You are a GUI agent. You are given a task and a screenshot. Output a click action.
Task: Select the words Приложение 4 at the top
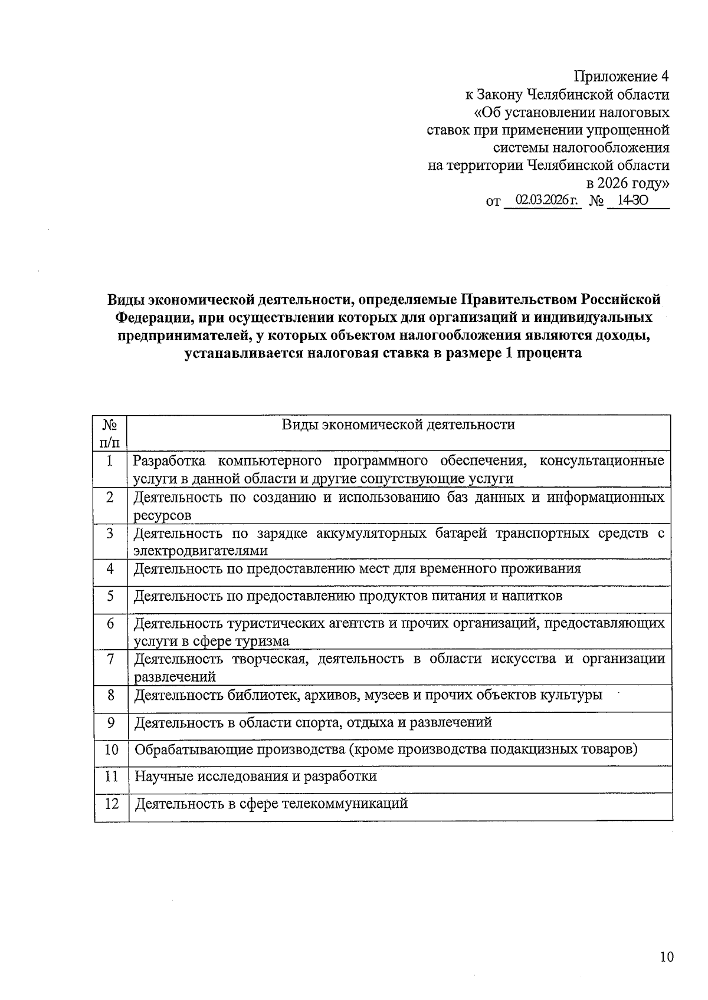point(622,77)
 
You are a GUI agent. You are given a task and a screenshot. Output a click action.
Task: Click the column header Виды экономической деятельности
point(398,425)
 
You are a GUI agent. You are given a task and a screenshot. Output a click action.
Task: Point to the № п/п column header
point(110,433)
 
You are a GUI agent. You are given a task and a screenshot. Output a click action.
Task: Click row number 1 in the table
point(110,460)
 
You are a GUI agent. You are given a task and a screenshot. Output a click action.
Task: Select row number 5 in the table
point(110,596)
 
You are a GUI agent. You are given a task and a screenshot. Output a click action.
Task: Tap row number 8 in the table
point(110,695)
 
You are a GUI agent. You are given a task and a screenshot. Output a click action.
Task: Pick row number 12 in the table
point(112,804)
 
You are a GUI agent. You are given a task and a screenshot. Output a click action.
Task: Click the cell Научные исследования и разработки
point(255,776)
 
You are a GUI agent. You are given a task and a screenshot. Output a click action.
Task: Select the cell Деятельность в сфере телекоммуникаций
point(271,804)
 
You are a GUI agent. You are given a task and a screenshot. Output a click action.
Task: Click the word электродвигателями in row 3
point(201,551)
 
